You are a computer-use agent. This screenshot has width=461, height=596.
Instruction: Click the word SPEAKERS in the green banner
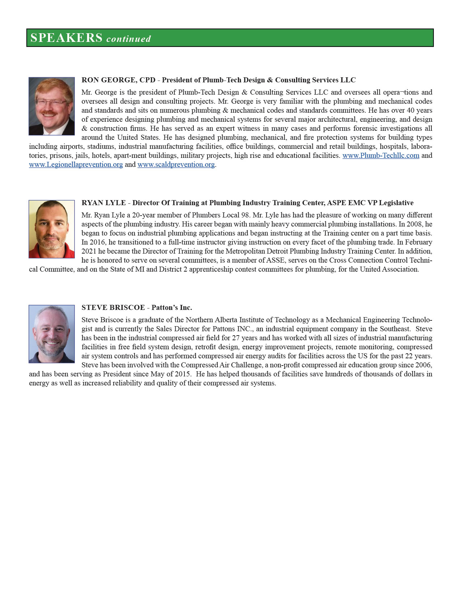point(67,38)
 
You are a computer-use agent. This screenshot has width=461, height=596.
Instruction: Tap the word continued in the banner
point(128,39)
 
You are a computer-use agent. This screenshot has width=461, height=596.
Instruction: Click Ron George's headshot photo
point(52,106)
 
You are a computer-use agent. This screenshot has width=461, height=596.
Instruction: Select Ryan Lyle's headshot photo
point(52,229)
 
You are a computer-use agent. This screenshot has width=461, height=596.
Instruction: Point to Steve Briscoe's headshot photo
point(52,334)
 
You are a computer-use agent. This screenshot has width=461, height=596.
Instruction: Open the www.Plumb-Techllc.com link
point(381,155)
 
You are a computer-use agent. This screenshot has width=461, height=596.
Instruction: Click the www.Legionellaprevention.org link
point(76,164)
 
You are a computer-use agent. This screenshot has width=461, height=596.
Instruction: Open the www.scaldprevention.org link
point(176,164)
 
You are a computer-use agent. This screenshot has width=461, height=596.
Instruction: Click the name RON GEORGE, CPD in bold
point(118,80)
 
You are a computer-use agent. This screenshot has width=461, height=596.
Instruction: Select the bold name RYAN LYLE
point(104,203)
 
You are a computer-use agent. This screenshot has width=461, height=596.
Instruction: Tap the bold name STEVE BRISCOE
point(113,307)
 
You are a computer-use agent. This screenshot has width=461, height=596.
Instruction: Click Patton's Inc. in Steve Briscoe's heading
point(172,307)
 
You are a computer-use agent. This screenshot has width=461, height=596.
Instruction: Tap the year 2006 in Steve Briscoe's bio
point(424,365)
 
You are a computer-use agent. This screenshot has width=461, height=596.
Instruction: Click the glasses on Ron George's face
point(51,103)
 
